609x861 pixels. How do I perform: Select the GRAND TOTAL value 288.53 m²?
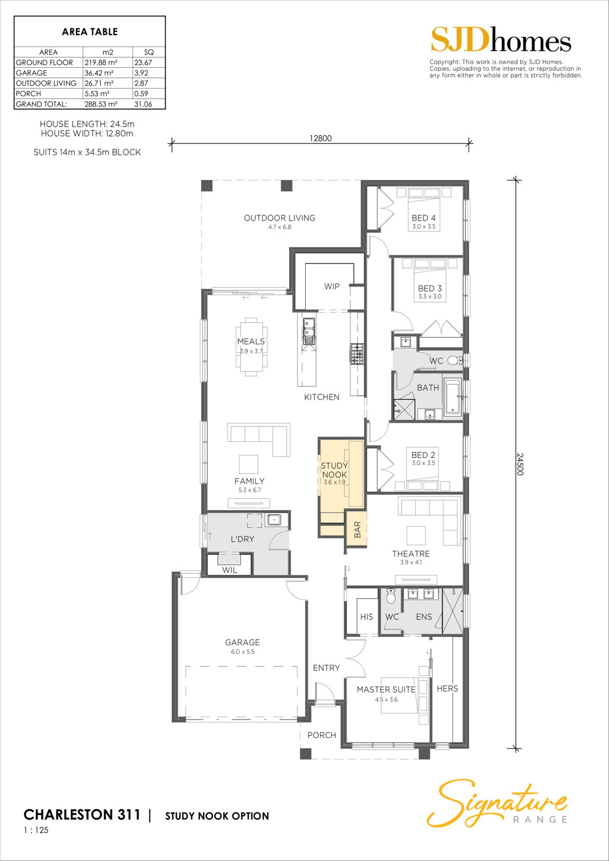pos(101,104)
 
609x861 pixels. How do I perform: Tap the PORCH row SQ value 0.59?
pos(141,94)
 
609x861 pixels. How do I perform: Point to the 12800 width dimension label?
pos(321,139)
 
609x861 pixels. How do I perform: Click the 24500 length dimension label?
pos(520,464)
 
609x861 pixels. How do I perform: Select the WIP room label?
pos(332,287)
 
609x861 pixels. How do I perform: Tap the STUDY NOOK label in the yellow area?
pos(334,470)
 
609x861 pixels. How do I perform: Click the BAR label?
pos(357,529)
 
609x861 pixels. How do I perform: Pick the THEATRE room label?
pos(411,554)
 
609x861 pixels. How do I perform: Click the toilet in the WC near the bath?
pos(457,360)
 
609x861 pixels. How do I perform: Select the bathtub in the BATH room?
pos(453,397)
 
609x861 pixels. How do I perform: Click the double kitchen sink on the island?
pos(308,331)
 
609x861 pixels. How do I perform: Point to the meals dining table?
pos(252,347)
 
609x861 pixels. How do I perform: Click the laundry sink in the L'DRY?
pos(274,520)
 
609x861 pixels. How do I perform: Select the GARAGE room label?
pos(243,642)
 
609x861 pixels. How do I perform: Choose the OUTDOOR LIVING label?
pos(280,218)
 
